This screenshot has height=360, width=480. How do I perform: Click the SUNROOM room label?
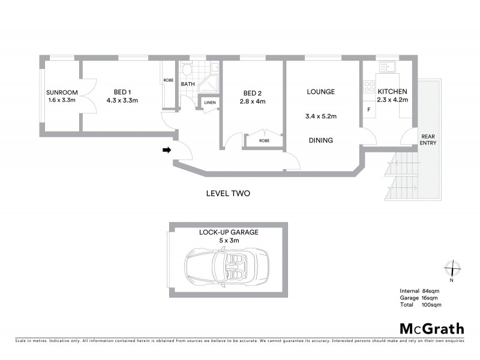61,92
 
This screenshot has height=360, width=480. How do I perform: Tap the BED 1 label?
122,92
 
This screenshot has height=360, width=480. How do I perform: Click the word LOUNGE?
320,92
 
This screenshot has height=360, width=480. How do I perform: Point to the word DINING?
320,140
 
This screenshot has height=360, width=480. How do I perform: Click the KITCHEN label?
392,91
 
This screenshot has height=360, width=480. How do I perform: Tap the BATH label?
188,85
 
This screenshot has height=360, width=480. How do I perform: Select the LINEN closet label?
209,103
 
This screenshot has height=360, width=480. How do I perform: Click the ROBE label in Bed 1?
169,80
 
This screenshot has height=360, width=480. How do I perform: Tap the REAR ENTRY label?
428,139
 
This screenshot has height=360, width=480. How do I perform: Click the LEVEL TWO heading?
227,194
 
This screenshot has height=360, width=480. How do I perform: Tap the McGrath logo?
431,328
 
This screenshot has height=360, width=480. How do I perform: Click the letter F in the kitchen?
368,111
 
